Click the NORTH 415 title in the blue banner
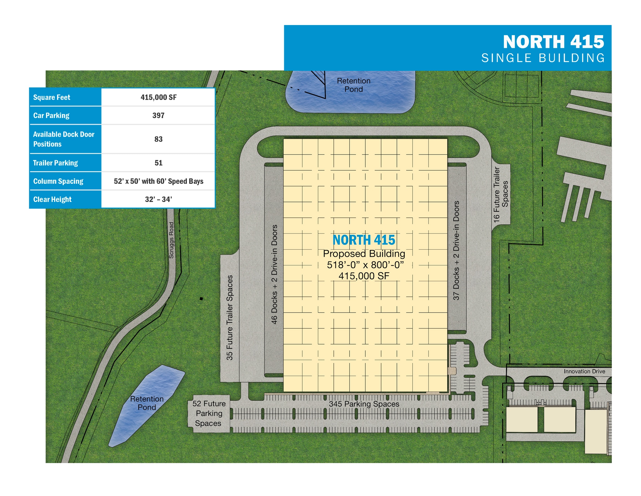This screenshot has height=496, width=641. [x=553, y=42]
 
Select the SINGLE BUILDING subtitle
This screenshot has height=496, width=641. [x=543, y=58]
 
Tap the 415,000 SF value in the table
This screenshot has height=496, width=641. [x=158, y=97]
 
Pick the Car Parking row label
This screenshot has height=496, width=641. [x=51, y=115]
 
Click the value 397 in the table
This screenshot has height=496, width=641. [x=158, y=115]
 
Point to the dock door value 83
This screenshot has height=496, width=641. [x=158, y=139]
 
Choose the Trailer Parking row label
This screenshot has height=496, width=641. [x=55, y=163]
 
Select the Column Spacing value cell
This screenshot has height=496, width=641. [x=158, y=181]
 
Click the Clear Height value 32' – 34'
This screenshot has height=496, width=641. [x=158, y=199]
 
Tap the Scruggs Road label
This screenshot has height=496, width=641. [x=171, y=240]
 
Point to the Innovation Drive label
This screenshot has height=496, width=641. [x=584, y=371]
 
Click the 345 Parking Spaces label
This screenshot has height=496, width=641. [x=364, y=404]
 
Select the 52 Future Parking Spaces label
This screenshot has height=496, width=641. [x=209, y=413]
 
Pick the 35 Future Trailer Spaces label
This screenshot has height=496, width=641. [x=230, y=317]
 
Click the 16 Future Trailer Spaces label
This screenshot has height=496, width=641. [x=500, y=195]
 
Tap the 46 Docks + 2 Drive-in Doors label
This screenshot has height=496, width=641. [x=274, y=274]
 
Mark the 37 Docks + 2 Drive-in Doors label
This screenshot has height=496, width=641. [x=456, y=251]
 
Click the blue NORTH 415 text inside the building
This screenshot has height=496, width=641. [x=364, y=240]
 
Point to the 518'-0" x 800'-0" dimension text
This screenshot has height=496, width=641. [x=365, y=265]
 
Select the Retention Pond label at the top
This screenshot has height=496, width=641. [x=353, y=85]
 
